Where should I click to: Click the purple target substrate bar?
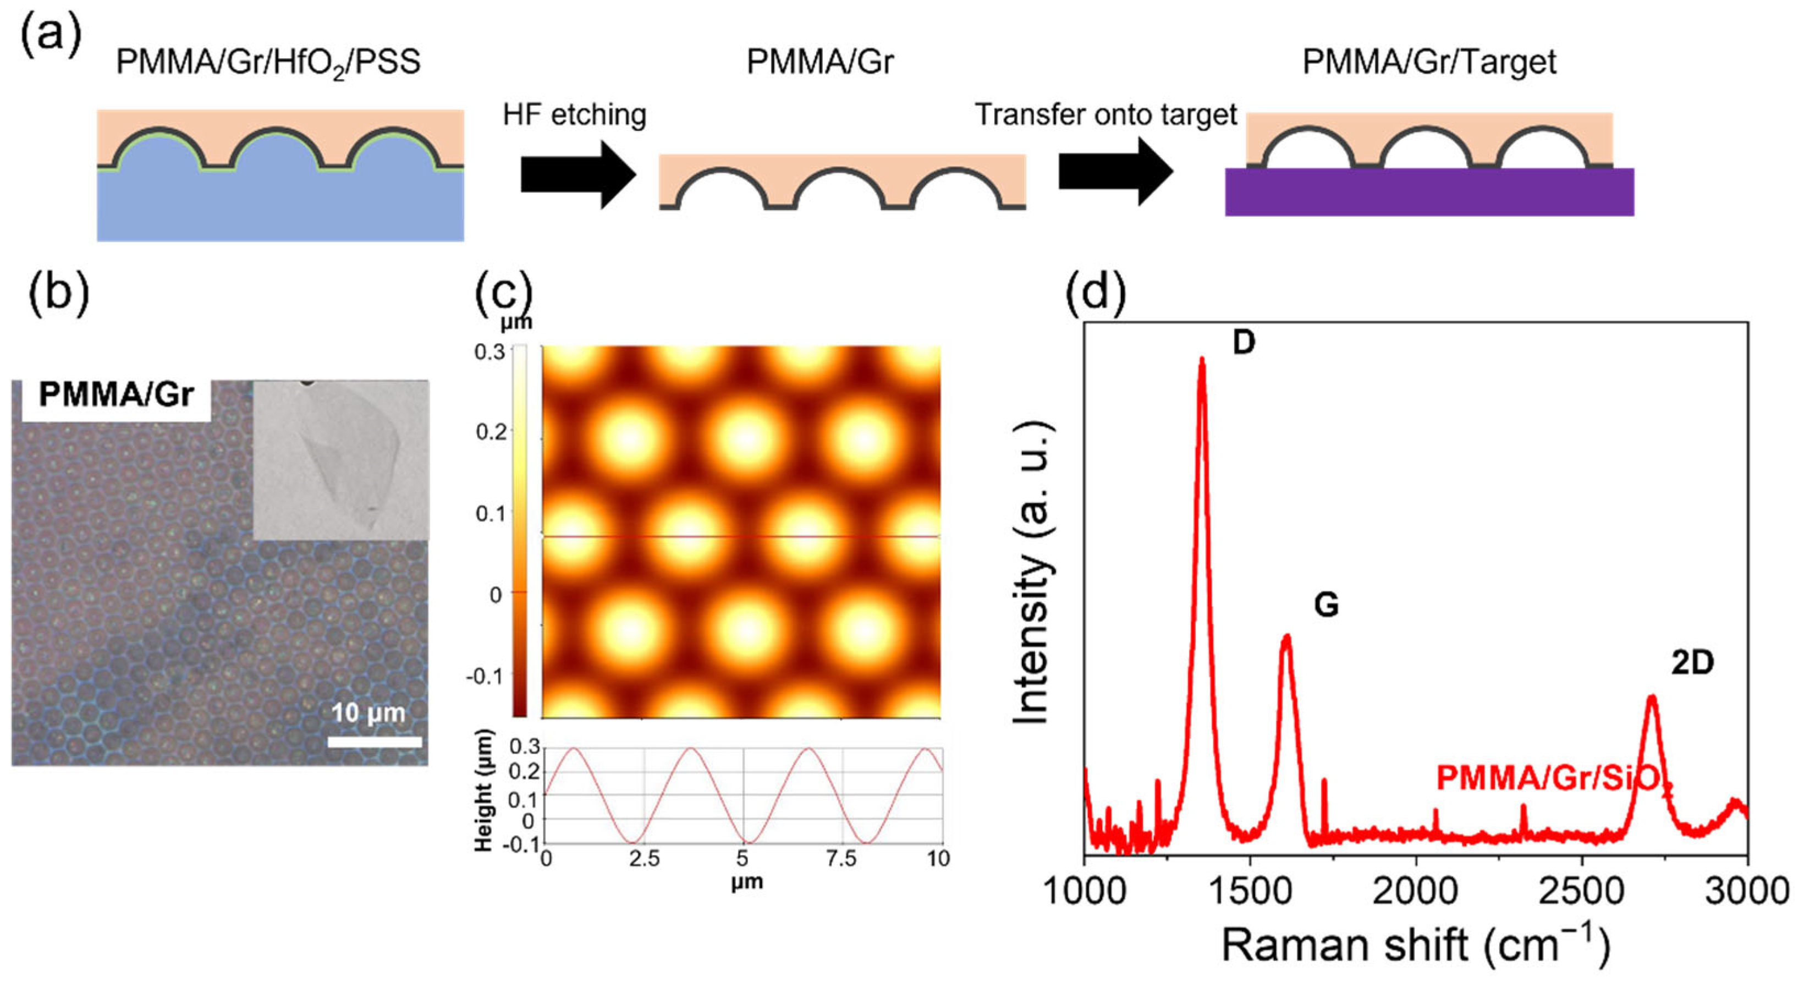point(1429,191)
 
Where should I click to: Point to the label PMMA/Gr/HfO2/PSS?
point(268,63)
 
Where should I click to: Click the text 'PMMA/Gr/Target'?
point(1429,62)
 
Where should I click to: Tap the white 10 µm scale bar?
point(375,742)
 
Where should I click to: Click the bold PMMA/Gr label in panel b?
point(116,396)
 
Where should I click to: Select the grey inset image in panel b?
point(341,460)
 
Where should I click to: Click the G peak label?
point(1326,605)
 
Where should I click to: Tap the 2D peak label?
point(1692,663)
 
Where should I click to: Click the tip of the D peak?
point(1202,360)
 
